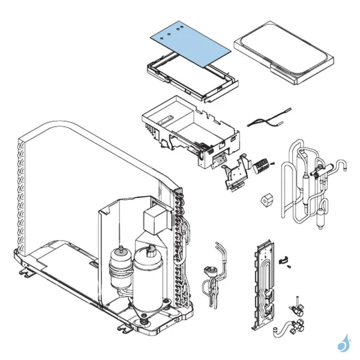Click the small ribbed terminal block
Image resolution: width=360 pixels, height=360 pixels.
pos(262,166)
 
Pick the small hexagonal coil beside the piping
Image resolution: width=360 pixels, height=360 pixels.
pos(266,202)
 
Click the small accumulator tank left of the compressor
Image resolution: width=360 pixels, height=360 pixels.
pos(120,267)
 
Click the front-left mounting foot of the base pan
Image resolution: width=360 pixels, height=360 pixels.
pos(25,273)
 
